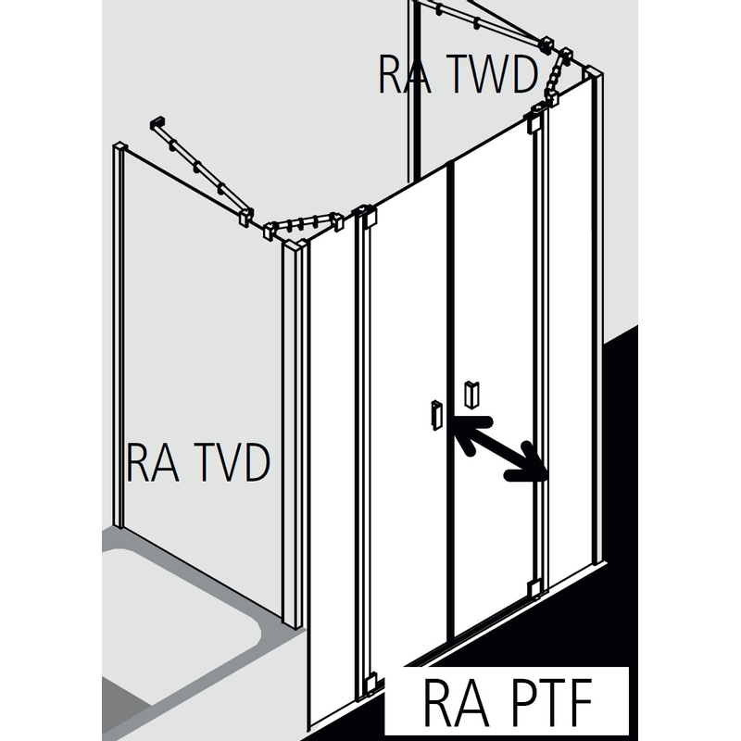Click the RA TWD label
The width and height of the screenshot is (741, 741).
pos(458,75)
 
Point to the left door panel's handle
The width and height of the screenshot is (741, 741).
pos(433,413)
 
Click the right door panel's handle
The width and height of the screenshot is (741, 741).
pos(471,394)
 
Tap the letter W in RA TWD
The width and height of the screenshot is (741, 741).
pos(473,75)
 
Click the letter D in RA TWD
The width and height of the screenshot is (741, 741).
pos(519,75)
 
